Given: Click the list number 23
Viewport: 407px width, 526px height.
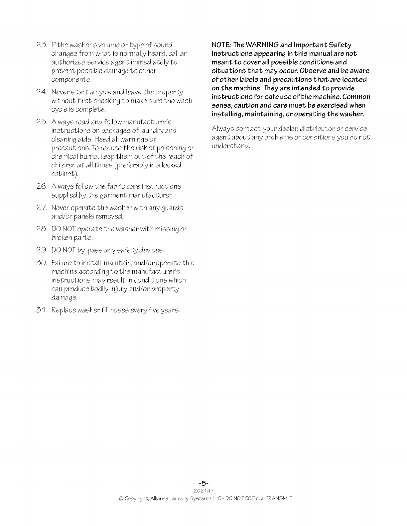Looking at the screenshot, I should pyautogui.click(x=42, y=45).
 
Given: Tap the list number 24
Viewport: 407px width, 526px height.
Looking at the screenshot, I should pyautogui.click(x=42, y=92).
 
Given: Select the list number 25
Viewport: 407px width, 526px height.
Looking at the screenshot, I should pyautogui.click(x=42, y=122).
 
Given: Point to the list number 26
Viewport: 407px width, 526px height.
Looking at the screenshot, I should pyautogui.click(x=42, y=186).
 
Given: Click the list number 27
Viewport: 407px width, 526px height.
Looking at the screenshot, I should pyautogui.click(x=42, y=208).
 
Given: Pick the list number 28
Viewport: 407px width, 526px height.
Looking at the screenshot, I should pyautogui.click(x=42, y=229).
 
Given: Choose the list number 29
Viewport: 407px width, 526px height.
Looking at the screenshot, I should pyautogui.click(x=42, y=250).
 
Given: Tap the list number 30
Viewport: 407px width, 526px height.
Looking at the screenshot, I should pyautogui.click(x=42, y=263).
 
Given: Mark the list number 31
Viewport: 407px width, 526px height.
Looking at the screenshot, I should pyautogui.click(x=42, y=310).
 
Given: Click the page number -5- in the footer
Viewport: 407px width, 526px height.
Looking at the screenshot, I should pyautogui.click(x=203, y=483).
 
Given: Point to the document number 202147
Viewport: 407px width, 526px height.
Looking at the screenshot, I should pyautogui.click(x=203, y=490).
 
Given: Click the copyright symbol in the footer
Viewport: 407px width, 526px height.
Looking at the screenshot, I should pyautogui.click(x=121, y=498).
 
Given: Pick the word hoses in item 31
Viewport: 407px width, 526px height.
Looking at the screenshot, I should pyautogui.click(x=119, y=310).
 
